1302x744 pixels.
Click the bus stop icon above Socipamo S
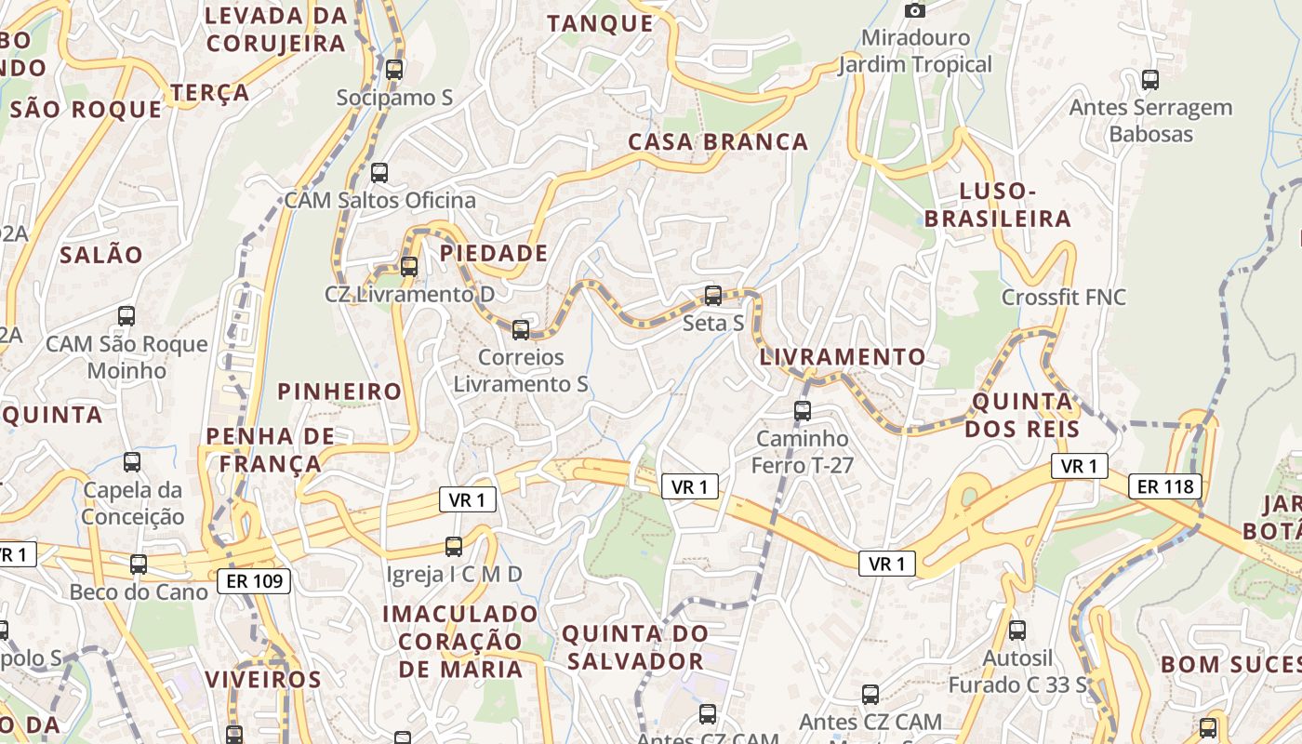[394, 69]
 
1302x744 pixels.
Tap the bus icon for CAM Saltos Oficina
[379, 172]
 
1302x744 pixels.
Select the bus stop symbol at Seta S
[713, 296]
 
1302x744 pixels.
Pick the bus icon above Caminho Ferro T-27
[803, 410]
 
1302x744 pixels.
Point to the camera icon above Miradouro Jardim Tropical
[915, 10]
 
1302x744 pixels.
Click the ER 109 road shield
[254, 582]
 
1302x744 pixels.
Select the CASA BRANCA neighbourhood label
[718, 142]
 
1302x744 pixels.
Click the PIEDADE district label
[494, 253]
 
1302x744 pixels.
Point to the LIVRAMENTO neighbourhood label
[843, 357]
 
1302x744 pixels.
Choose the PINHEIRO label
[339, 392]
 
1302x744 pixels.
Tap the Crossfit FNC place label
[1063, 298]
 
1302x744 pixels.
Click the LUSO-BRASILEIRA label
[1015, 206]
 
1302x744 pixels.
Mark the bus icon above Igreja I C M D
[454, 547]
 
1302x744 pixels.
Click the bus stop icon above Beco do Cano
[139, 564]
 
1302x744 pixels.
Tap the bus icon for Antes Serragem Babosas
[1150, 80]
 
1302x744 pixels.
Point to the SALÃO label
[101, 255]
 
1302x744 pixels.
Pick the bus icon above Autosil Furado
[1017, 631]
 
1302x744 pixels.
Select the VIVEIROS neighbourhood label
[263, 679]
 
